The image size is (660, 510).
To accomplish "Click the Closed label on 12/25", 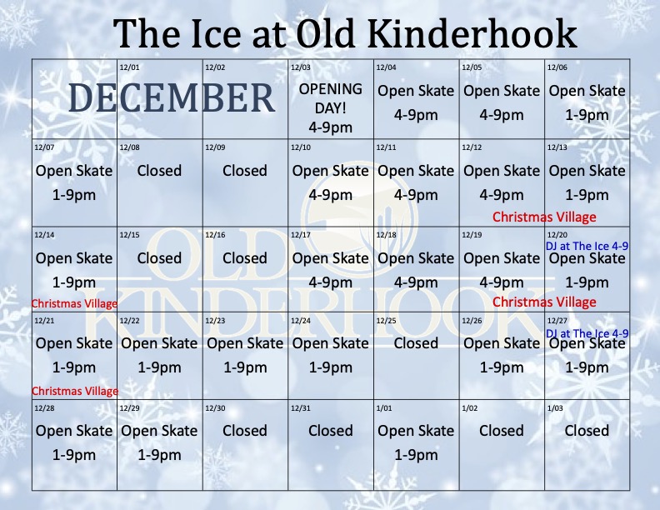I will (x=416, y=342).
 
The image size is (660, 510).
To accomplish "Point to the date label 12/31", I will (x=300, y=408).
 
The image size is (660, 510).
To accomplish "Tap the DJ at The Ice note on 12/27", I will (x=587, y=333).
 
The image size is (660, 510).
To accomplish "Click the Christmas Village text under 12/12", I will (x=544, y=217).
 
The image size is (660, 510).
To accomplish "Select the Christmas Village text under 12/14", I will (x=74, y=303).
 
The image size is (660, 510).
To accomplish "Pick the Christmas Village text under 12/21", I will (x=74, y=390).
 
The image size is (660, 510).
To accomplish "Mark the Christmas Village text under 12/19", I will (x=544, y=302).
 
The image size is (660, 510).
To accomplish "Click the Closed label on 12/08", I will (x=159, y=170).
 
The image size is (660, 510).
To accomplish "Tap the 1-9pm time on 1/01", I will (x=416, y=455).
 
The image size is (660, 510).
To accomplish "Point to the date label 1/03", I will (x=555, y=408).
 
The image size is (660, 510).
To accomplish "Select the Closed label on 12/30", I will (x=245, y=430).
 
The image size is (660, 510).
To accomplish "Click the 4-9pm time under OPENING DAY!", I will (x=331, y=127).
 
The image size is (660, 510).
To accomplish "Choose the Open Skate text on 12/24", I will (x=331, y=342).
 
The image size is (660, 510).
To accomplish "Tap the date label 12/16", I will (x=214, y=235).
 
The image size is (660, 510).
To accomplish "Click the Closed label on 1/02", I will (x=502, y=430).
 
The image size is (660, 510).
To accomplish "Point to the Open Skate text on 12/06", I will (x=587, y=90).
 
